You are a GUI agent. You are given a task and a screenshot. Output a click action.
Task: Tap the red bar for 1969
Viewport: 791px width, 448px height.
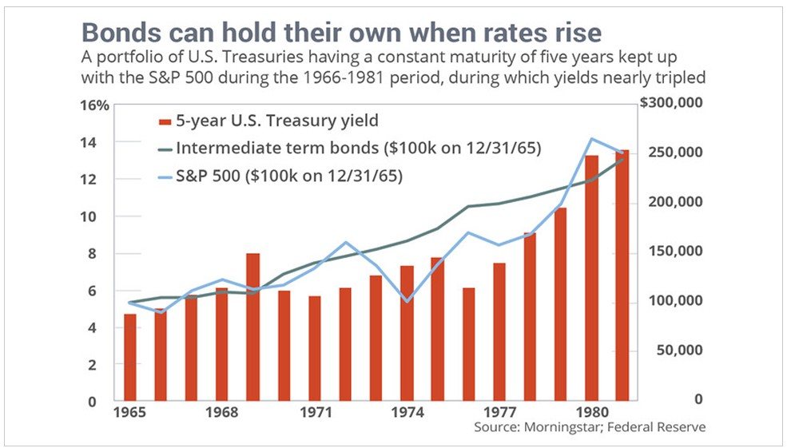coord(253,327)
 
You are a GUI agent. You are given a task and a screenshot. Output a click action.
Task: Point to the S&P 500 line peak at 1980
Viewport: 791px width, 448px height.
coord(592,139)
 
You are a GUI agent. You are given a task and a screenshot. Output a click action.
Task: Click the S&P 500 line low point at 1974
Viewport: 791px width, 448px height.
coord(407,301)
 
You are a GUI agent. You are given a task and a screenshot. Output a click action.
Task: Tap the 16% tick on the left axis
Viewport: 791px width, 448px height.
coord(95,105)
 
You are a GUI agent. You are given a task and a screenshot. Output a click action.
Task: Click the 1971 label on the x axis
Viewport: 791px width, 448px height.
coord(316,414)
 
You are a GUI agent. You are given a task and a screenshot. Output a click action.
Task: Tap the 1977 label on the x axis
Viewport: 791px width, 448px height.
coord(500,414)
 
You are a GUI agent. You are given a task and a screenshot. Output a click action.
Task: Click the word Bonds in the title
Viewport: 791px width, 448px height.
coord(114,34)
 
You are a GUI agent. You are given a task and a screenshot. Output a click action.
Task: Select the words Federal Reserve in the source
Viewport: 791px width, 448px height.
coord(667,428)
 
